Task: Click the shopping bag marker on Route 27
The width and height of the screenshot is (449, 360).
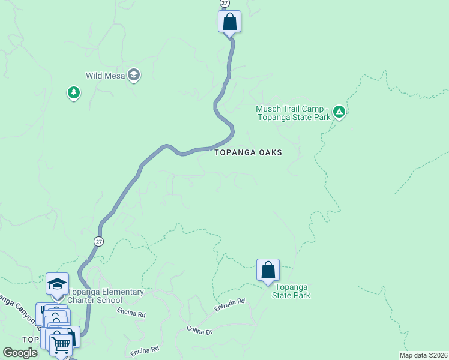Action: coord(229,22)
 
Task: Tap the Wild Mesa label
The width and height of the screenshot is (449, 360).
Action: coord(106,76)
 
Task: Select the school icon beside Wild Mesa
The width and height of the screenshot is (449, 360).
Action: coord(134,75)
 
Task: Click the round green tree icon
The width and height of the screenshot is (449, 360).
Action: coord(74,92)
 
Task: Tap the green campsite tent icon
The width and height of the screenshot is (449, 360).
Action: coord(339,111)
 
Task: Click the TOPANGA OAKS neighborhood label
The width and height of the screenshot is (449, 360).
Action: coord(249,152)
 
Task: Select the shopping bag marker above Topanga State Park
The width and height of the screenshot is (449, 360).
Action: coord(268,270)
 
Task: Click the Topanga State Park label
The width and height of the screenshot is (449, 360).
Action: coord(291,292)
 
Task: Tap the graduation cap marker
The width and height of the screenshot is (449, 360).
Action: coord(57,283)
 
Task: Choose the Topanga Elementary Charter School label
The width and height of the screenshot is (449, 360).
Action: coord(105,296)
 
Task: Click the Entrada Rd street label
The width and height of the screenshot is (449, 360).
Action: coord(230,305)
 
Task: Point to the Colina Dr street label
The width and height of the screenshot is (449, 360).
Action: coord(200,331)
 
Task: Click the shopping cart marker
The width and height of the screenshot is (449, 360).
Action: coord(61,344)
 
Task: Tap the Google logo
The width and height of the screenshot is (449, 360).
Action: coord(20,353)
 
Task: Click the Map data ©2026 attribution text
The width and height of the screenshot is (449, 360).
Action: coord(423,355)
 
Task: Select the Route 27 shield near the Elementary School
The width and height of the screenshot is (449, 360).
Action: coord(98,241)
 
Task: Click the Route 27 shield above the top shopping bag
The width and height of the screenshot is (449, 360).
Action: coord(224,3)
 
